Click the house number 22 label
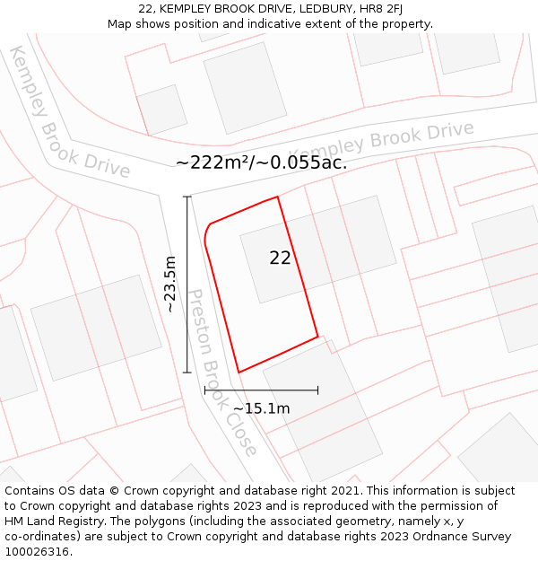(x=280, y=258)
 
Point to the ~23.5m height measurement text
(x=170, y=284)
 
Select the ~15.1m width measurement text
(x=261, y=408)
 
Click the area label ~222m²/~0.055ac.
(x=261, y=162)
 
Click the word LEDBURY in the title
(x=305, y=8)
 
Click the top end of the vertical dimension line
(x=187, y=197)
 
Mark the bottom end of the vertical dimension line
(x=187, y=373)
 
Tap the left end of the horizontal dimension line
(x=205, y=390)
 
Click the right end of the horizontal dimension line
(x=317, y=390)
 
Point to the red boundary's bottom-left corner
(x=239, y=373)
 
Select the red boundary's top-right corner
(x=278, y=197)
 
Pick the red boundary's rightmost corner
(x=317, y=337)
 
